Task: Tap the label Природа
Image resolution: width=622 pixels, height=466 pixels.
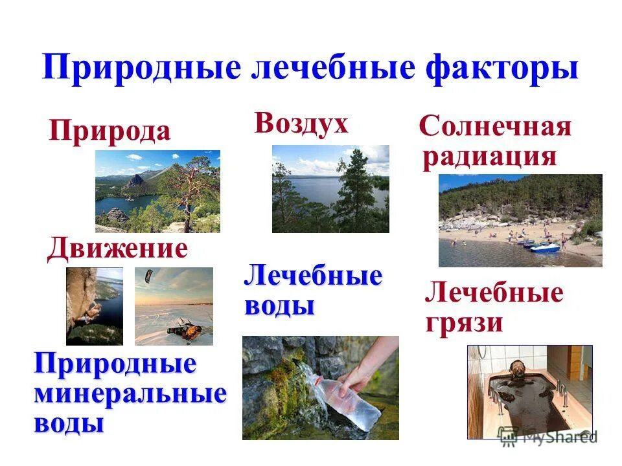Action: tap(109, 131)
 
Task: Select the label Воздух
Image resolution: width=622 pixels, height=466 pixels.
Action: tap(301, 123)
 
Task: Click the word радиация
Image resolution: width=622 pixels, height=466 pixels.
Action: tap(489, 157)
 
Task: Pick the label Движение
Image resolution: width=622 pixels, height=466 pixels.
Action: tap(117, 249)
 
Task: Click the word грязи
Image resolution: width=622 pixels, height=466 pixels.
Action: tap(464, 322)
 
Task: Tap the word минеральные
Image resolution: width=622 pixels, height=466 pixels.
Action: tap(130, 394)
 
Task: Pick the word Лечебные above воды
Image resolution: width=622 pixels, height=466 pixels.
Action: tap(313, 277)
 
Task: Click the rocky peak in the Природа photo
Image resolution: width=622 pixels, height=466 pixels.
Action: tap(137, 181)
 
